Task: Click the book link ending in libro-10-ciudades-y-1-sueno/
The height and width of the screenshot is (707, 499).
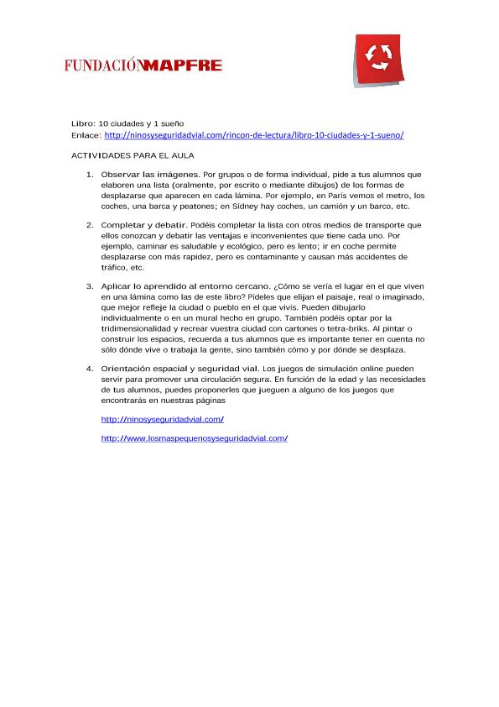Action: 254,135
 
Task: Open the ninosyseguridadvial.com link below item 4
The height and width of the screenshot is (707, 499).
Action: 162,419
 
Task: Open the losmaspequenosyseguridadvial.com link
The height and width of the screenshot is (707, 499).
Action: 194,438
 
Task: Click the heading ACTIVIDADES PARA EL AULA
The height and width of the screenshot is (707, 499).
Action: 133,156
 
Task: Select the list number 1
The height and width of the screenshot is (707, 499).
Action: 90,175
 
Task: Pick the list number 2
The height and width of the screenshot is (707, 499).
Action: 90,225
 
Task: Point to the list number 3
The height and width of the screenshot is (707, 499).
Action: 90,286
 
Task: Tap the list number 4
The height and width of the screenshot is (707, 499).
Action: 90,369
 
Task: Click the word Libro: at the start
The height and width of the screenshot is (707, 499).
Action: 83,123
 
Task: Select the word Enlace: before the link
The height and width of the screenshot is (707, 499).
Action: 86,135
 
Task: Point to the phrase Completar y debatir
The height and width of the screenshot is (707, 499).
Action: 144,225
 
